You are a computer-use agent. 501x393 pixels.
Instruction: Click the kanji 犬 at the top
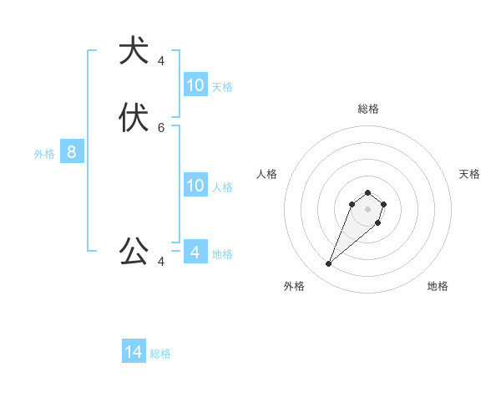tap(134, 51)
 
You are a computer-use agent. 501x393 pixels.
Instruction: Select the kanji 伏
tap(134, 118)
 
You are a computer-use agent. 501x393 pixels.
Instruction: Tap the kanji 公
tap(134, 250)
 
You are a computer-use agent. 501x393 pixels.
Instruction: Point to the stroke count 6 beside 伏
tap(161, 128)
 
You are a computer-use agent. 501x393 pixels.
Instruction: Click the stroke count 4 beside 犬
tap(161, 61)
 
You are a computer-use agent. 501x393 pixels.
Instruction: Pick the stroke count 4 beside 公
tap(161, 262)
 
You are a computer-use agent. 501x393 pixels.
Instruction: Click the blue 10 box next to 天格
tap(195, 84)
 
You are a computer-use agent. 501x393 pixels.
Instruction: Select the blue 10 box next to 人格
tap(195, 186)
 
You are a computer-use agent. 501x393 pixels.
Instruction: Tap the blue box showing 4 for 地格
tap(195, 252)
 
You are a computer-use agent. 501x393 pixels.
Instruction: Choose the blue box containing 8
tap(72, 152)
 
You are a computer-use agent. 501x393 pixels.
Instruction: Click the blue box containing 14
tap(134, 352)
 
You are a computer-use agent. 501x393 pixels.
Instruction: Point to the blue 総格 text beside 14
tap(160, 354)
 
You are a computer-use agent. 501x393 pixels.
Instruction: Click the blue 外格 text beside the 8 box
tap(44, 154)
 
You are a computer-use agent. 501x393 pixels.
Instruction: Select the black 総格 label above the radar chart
tap(368, 109)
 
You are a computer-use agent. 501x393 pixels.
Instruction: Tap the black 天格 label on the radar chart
tap(469, 174)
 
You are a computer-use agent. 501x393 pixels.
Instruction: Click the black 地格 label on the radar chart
tap(438, 286)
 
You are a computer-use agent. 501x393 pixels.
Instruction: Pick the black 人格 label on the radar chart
tap(267, 174)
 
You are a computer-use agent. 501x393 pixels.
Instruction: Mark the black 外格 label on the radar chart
tap(294, 286)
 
